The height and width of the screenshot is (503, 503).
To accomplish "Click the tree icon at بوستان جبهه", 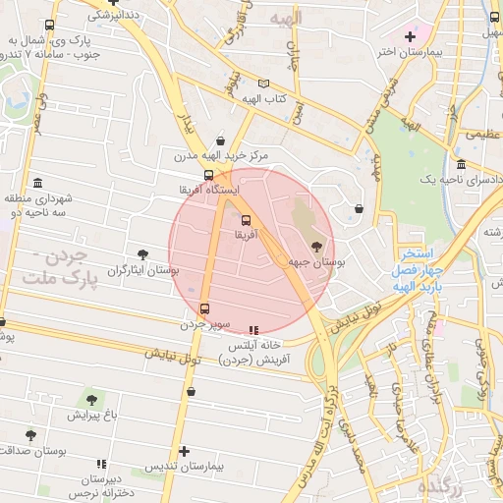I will pyautogui.click(x=316, y=247).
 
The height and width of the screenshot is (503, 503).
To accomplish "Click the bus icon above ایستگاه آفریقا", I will pyautogui.click(x=221, y=174).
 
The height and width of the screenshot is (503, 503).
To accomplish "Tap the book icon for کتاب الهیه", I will pyautogui.click(x=262, y=84).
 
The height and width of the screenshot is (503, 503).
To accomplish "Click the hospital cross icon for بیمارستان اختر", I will pyautogui.click(x=410, y=36).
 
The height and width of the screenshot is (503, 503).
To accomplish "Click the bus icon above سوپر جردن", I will pyautogui.click(x=204, y=307).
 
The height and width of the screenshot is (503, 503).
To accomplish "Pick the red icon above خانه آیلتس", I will pyautogui.click(x=254, y=330).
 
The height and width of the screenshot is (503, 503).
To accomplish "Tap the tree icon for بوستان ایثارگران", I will pyautogui.click(x=143, y=253).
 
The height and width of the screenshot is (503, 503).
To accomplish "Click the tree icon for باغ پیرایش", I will pyautogui.click(x=91, y=400).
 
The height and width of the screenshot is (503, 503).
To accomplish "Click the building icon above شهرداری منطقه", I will pyautogui.click(x=37, y=183).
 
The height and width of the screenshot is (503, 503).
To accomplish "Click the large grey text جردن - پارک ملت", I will pyautogui.click(x=61, y=269).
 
